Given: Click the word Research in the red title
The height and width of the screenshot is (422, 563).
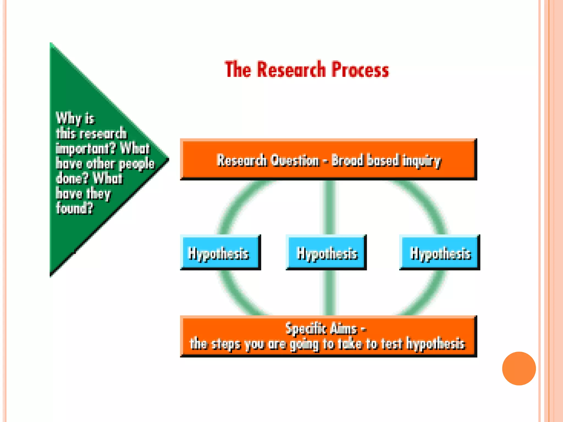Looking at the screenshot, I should (x=291, y=70).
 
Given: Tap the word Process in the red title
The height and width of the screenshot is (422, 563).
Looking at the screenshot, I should (x=360, y=70).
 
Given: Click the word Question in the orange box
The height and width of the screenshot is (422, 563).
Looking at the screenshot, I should (x=295, y=160).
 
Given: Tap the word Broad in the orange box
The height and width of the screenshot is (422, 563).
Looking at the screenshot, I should (x=347, y=160).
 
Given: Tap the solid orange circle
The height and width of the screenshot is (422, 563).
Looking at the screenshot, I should (x=519, y=368).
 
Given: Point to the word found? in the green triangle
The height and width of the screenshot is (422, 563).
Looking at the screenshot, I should (x=74, y=208).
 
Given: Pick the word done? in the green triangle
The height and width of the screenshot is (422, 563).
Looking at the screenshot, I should (x=72, y=178).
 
